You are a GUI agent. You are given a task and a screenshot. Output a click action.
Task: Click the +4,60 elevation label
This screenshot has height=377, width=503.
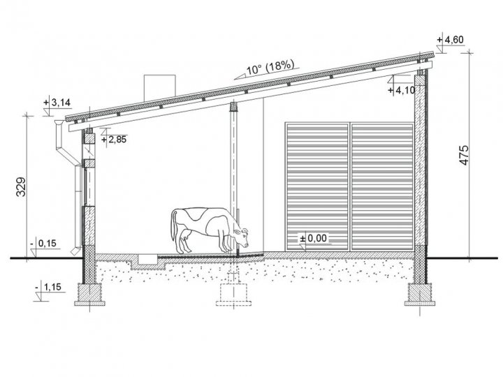tap(451, 40)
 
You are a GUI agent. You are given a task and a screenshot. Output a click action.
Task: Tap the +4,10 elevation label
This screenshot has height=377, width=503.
tap(401, 90)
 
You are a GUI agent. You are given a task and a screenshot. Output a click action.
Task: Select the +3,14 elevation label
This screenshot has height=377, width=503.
tap(57, 103)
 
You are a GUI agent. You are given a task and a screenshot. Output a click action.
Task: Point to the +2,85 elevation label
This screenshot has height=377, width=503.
tap(114, 140)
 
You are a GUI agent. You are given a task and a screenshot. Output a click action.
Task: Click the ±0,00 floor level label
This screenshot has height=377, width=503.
tap(313, 238)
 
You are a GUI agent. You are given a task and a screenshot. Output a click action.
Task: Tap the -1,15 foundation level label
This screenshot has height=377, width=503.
tap(48, 287)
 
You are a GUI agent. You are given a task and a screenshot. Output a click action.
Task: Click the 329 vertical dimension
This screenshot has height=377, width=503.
tap(21, 186)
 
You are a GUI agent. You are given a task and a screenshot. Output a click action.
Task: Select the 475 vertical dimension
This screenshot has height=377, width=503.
tap(464, 156)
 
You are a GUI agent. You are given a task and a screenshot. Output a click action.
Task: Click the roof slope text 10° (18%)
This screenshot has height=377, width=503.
tap(270, 68)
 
